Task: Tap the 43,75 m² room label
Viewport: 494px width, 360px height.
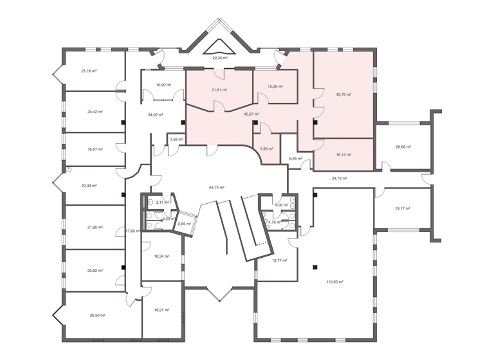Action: click(343, 94)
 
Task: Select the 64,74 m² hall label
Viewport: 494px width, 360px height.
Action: click(217, 187)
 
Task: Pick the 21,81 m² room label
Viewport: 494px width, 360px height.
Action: click(219, 90)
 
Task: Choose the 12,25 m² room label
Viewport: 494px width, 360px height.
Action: click(275, 86)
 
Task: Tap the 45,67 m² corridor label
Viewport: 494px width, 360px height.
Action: click(252, 114)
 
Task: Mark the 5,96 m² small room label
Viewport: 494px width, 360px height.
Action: click(266, 149)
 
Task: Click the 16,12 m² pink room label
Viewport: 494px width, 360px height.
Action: click(343, 154)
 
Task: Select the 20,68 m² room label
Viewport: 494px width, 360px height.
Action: click(403, 147)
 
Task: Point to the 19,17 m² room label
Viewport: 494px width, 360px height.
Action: click(402, 208)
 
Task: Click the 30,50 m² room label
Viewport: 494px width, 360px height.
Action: click(97, 315)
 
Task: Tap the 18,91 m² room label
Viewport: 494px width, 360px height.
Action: click(161, 309)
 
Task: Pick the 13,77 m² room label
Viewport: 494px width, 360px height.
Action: click(279, 260)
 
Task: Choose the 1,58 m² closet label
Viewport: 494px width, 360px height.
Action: click(176, 139)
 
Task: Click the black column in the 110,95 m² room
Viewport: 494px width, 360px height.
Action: click(315, 267)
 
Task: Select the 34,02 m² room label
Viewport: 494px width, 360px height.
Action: click(155, 115)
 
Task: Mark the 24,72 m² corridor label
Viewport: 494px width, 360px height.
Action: click(339, 177)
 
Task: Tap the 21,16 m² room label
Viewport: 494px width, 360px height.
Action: click(89, 71)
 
